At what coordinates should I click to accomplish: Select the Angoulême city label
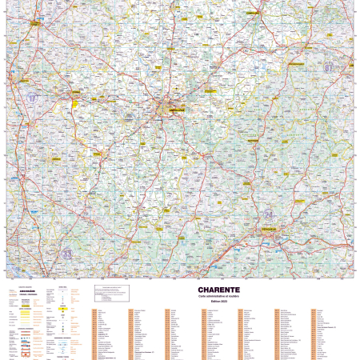(171, 109)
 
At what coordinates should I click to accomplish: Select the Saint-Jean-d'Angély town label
(36, 24)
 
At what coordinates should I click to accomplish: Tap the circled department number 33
(67, 254)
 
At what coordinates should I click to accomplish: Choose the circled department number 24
(269, 214)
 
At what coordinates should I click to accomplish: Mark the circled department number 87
(328, 69)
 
